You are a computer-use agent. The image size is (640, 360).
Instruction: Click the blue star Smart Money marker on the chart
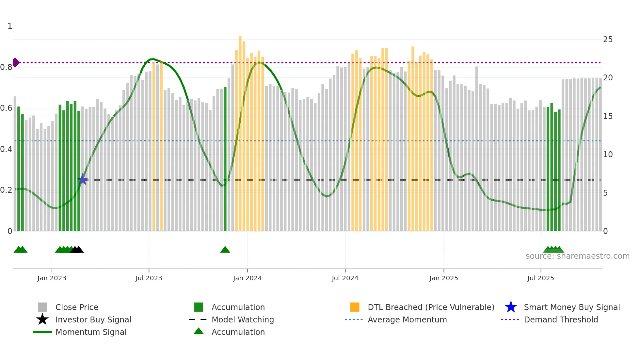coord(83,179)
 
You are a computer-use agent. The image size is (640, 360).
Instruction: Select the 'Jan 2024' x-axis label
coord(247,278)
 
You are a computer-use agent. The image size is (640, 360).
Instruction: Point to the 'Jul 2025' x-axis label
coord(540,278)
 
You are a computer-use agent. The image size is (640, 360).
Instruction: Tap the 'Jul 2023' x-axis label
coord(149,278)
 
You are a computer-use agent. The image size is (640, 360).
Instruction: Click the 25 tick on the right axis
coord(608,40)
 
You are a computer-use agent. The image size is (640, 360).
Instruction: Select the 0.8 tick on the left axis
coord(6,67)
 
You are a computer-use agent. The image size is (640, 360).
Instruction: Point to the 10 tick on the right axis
coord(608,155)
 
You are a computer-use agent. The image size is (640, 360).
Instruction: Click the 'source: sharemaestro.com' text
coord(577,256)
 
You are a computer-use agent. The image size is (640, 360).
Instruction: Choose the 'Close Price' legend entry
coord(77,307)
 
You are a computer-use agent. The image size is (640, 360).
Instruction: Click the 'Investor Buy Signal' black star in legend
coord(42,319)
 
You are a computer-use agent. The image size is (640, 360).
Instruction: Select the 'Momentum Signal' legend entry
coord(91,332)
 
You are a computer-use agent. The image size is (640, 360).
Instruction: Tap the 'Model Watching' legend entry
coord(243,319)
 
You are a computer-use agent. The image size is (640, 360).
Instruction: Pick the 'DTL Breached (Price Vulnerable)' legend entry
coord(431,307)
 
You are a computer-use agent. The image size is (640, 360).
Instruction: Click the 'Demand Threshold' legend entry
coord(561,319)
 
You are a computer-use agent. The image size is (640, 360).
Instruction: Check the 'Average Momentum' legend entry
coord(407,319)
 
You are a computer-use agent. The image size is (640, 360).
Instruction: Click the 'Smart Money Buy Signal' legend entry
coord(571,307)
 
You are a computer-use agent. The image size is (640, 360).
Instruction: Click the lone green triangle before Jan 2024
coord(225,250)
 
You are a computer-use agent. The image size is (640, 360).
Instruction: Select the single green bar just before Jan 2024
coord(225,159)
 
